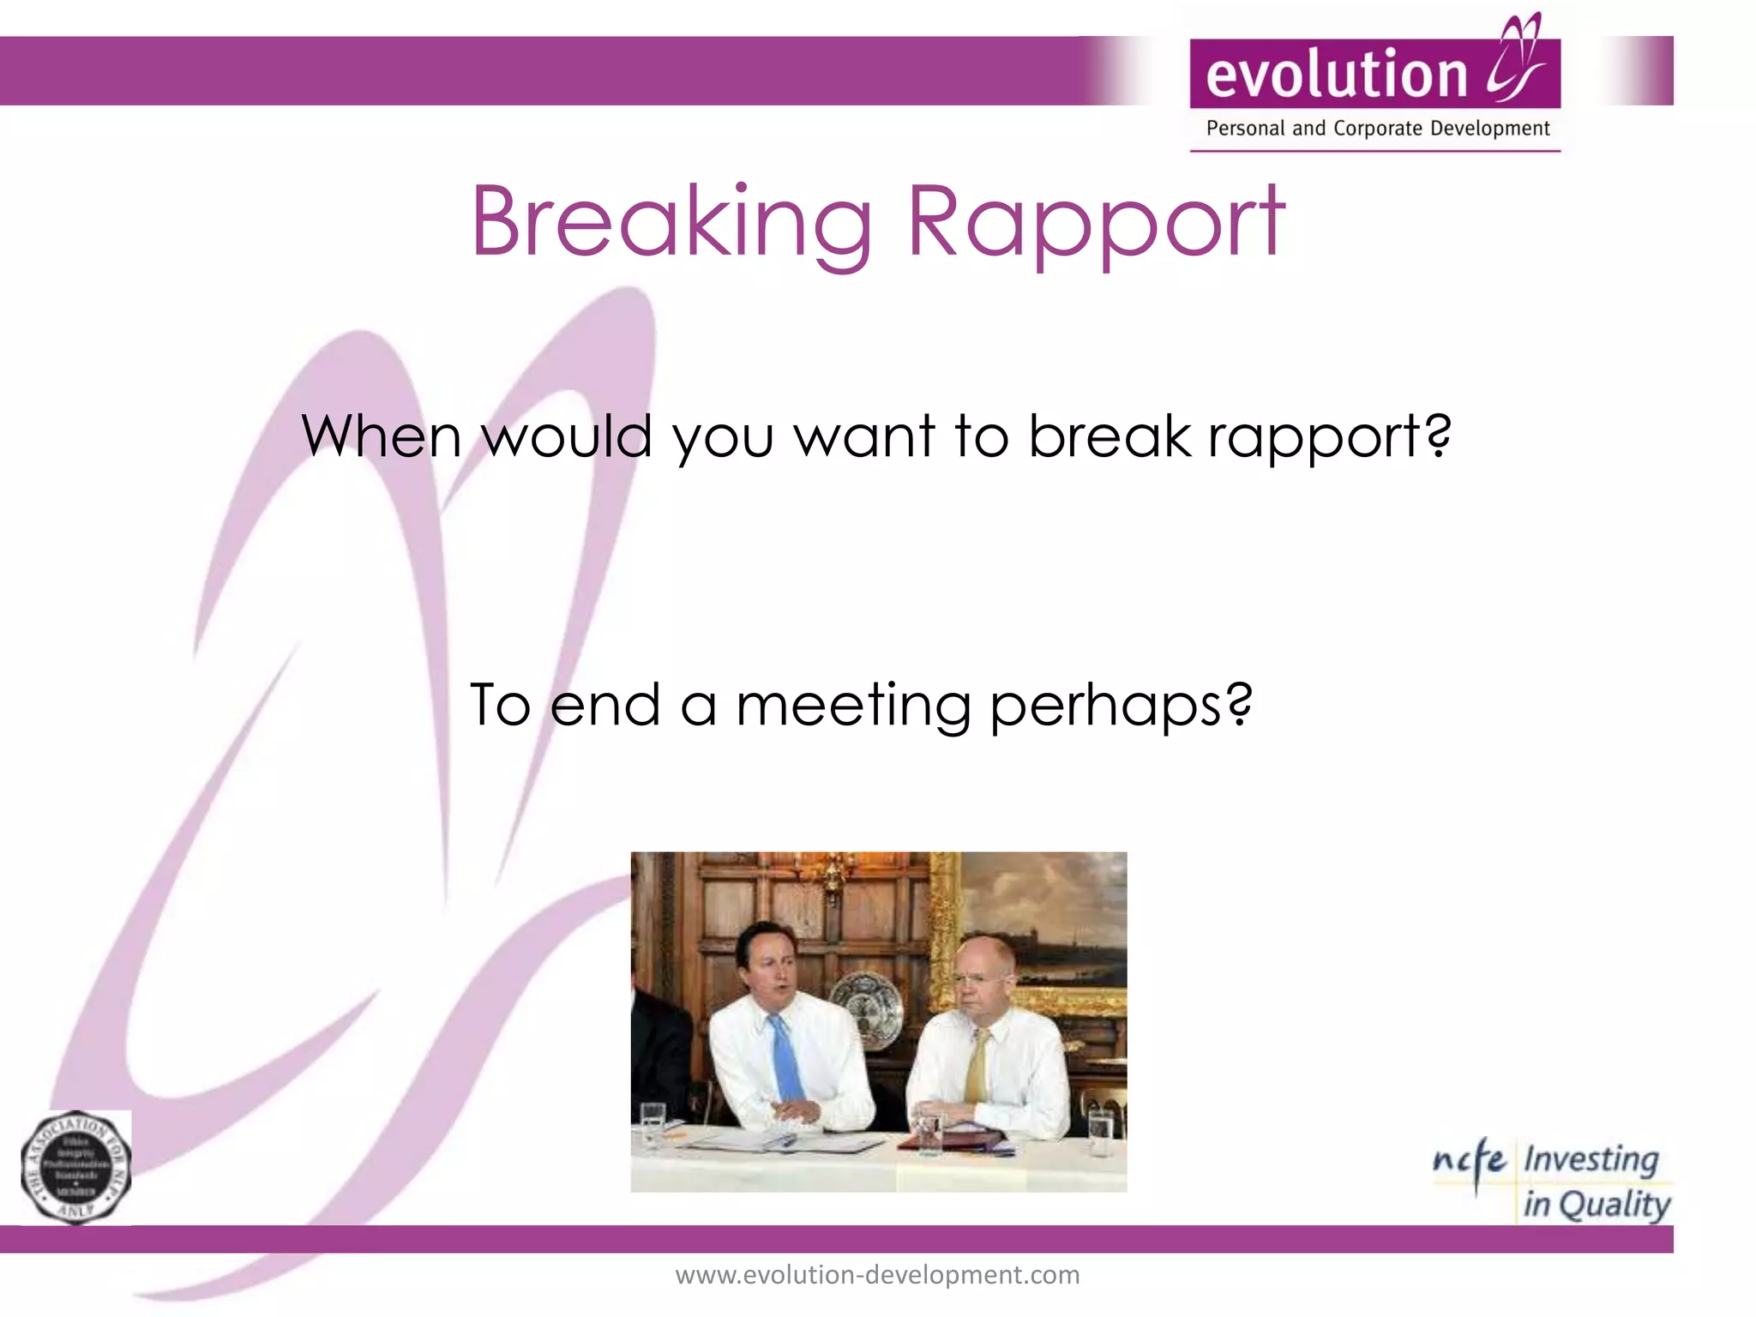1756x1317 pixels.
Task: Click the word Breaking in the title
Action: click(x=671, y=223)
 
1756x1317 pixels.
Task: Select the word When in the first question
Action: click(x=382, y=436)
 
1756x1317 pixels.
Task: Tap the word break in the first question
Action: click(x=1110, y=436)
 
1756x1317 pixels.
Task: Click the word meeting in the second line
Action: click(x=852, y=706)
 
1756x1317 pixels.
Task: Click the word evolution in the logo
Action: click(x=1337, y=74)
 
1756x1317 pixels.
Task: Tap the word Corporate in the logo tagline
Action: click(x=1380, y=129)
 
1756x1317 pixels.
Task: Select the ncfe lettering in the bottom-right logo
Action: click(x=1469, y=1162)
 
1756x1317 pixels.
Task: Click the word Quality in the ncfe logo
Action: click(x=1614, y=1205)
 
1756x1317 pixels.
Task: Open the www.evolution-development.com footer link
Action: click(x=877, y=1275)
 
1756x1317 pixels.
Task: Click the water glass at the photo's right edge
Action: click(x=1099, y=1132)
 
